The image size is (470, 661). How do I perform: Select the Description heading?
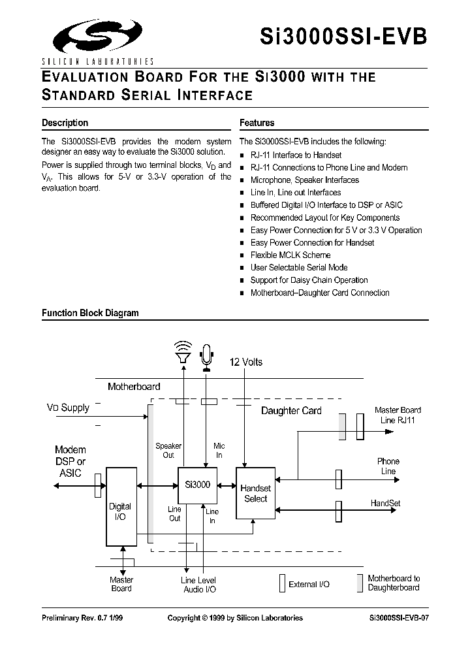65,123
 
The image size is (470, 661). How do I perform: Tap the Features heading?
257,123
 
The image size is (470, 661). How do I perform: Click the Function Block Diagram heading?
90,313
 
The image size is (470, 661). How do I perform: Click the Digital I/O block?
120,506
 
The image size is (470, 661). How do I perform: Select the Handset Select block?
255,493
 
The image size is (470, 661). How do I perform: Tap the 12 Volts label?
246,362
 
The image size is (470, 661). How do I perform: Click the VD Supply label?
67,408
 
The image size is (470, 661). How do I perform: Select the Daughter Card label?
291,411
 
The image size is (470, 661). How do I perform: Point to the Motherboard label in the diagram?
134,387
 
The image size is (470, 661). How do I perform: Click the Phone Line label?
388,466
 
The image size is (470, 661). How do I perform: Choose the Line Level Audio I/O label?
198,585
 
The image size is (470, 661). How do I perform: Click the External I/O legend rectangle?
282,583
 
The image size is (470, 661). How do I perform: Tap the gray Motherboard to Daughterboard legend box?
359,583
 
